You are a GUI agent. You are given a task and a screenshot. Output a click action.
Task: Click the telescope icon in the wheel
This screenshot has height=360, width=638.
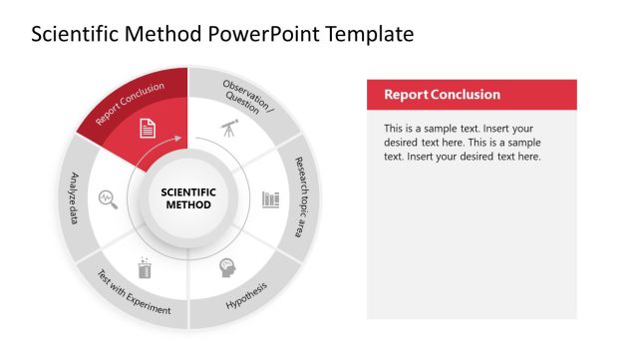point(228,128)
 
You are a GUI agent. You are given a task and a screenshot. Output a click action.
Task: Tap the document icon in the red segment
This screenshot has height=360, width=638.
point(147,128)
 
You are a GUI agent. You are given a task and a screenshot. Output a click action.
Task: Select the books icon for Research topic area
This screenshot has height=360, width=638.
point(270,199)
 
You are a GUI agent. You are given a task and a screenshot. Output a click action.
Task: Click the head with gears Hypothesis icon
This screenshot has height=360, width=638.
point(228,269)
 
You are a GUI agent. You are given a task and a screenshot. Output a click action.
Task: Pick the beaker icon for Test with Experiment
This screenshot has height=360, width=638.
point(147,267)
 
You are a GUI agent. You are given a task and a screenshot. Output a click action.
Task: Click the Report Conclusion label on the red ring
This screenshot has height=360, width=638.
point(131,103)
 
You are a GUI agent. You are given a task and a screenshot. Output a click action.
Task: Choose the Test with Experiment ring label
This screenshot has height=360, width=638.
point(134,296)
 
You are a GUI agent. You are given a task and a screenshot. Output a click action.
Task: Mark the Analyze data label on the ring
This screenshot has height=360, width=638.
point(74,196)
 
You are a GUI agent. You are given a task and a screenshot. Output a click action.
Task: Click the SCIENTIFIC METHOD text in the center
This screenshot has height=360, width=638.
point(187,198)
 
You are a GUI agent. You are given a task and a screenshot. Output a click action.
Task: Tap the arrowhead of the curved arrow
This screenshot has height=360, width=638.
point(179,139)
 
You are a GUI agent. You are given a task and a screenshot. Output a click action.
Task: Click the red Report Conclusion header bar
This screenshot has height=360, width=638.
point(472,95)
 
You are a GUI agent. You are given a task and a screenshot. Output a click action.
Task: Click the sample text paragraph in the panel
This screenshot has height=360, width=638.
point(463,143)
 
